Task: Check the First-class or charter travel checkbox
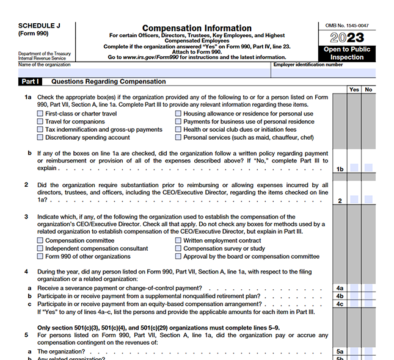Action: click(x=40, y=113)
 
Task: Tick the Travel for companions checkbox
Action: click(x=40, y=121)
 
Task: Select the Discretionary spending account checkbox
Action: click(x=40, y=137)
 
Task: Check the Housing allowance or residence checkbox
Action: click(x=178, y=113)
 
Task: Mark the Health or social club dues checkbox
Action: click(x=178, y=129)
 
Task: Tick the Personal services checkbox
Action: click(x=178, y=137)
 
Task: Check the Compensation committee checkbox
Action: click(x=40, y=240)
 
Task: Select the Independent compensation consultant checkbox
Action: click(x=40, y=248)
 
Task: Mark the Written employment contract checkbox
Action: click(x=178, y=240)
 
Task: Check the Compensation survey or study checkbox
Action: click(x=178, y=248)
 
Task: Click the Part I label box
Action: click(x=30, y=81)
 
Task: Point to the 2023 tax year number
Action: click(x=346, y=38)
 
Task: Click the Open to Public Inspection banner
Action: click(x=346, y=53)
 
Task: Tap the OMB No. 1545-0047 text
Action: click(x=346, y=26)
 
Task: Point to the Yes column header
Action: click(x=354, y=90)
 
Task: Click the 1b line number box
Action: click(x=340, y=168)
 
